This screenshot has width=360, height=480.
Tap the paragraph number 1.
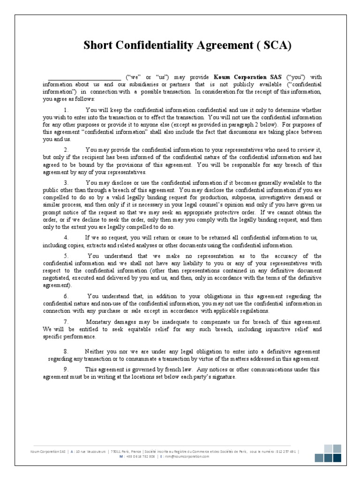click(66, 109)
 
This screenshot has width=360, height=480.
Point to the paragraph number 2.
click(66, 150)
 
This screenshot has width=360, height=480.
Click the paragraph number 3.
click(66, 182)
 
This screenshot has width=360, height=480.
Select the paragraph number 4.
click(66, 238)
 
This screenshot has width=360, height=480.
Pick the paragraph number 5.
click(66, 256)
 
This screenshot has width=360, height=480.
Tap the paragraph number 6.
click(66, 296)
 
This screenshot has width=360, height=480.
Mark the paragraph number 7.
click(66, 322)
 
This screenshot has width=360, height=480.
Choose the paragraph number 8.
click(66, 351)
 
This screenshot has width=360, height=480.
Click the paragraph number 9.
click(66, 369)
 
